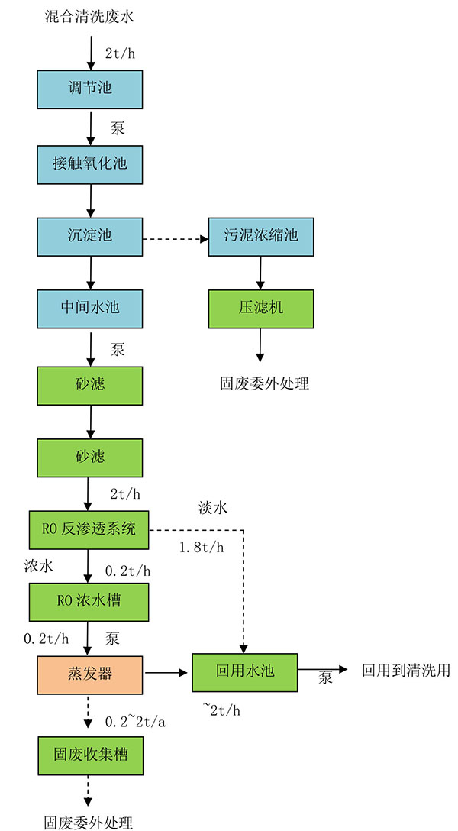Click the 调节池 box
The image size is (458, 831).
pos(90,89)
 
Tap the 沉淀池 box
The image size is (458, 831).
pos(90,235)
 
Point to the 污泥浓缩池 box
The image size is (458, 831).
pos(261,235)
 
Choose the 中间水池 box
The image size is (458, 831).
pos(90,309)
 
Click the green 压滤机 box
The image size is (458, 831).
pos(261,308)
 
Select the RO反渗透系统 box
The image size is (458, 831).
pos(90,529)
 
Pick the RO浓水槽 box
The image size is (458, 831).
pos(90,601)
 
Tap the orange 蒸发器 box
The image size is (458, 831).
pos(90,674)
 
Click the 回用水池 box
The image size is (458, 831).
pos(244,672)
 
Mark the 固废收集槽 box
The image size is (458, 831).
pos(90,755)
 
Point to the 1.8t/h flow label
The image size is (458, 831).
pos(202,548)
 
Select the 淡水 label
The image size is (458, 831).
pos(211,507)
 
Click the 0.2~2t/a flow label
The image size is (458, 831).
pos(136,721)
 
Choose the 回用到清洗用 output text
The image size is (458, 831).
pos(405,671)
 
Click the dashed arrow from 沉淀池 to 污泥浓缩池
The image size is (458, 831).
pos(176,239)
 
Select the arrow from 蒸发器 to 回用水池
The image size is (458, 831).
pos(167,674)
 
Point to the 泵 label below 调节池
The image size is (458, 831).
pos(118,128)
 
